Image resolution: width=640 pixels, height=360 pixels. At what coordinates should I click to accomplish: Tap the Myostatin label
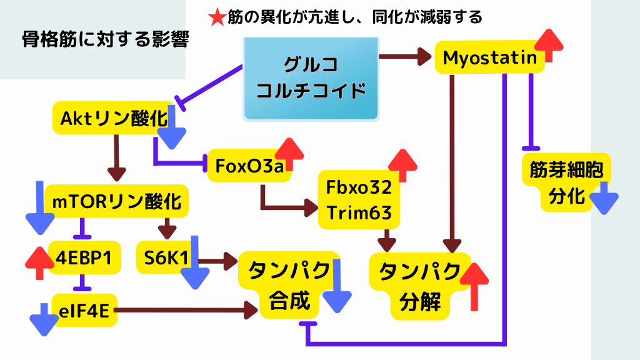point(490,58)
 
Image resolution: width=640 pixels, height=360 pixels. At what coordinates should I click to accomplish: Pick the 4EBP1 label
point(84,257)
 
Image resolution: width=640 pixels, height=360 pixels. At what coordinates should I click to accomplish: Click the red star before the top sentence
point(217,17)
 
